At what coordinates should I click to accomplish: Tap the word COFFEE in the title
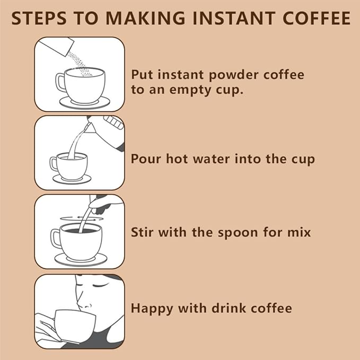(317, 18)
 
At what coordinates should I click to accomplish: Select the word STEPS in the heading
(39, 18)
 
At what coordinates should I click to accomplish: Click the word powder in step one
(234, 75)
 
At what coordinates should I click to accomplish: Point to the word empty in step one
(190, 91)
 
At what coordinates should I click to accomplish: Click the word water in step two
(211, 159)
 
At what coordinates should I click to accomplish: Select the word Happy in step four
(152, 309)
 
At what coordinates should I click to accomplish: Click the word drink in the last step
(229, 308)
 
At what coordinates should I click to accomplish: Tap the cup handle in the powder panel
(60, 83)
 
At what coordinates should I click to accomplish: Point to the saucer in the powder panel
(85, 103)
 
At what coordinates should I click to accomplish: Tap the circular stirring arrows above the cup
(82, 218)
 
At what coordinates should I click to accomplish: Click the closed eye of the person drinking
(100, 286)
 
